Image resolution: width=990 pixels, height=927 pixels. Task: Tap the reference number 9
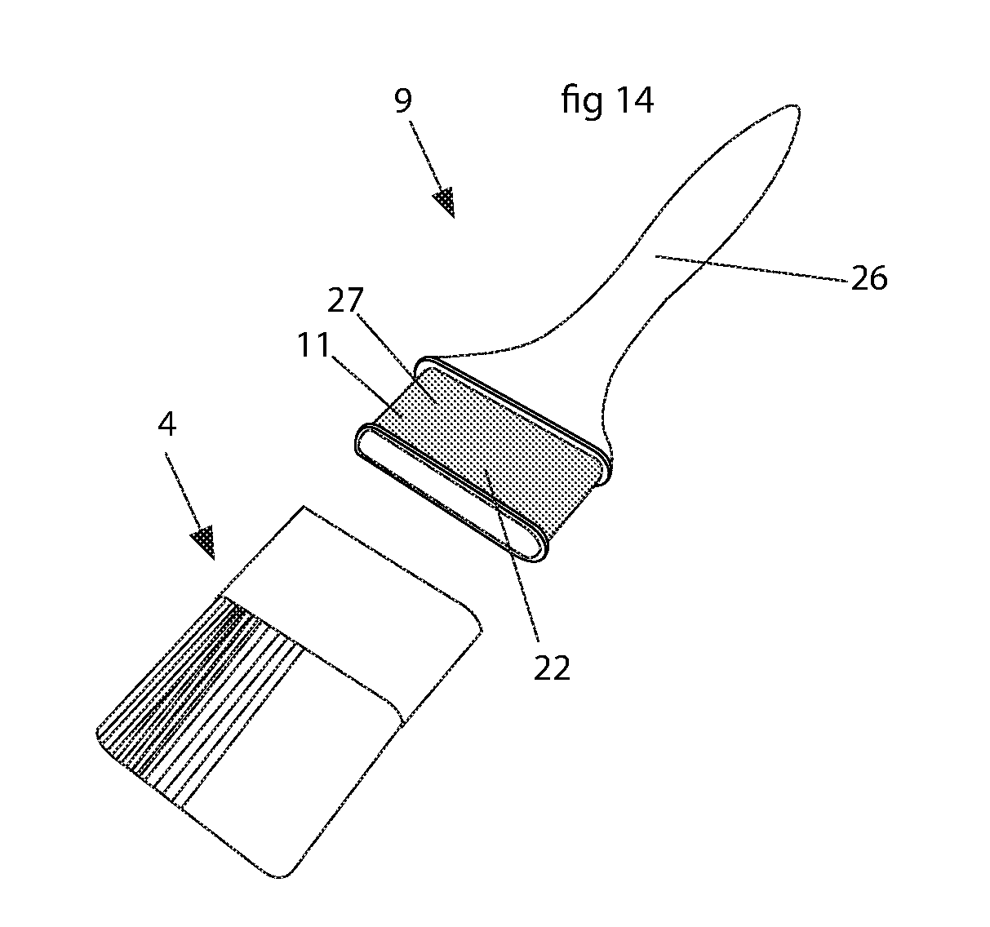pyautogui.click(x=403, y=100)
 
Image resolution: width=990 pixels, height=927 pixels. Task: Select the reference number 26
pyautogui.click(x=869, y=278)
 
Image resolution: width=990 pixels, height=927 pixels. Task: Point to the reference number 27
pyautogui.click(x=345, y=300)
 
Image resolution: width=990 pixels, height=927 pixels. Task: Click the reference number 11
pyautogui.click(x=313, y=344)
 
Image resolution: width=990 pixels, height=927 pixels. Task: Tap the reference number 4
pyautogui.click(x=167, y=424)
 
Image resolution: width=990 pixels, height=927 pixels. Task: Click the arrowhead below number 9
pyautogui.click(x=445, y=202)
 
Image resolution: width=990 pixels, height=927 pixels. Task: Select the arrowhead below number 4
pyautogui.click(x=204, y=542)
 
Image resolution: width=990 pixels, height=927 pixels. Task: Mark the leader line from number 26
pyautogui.click(x=751, y=269)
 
